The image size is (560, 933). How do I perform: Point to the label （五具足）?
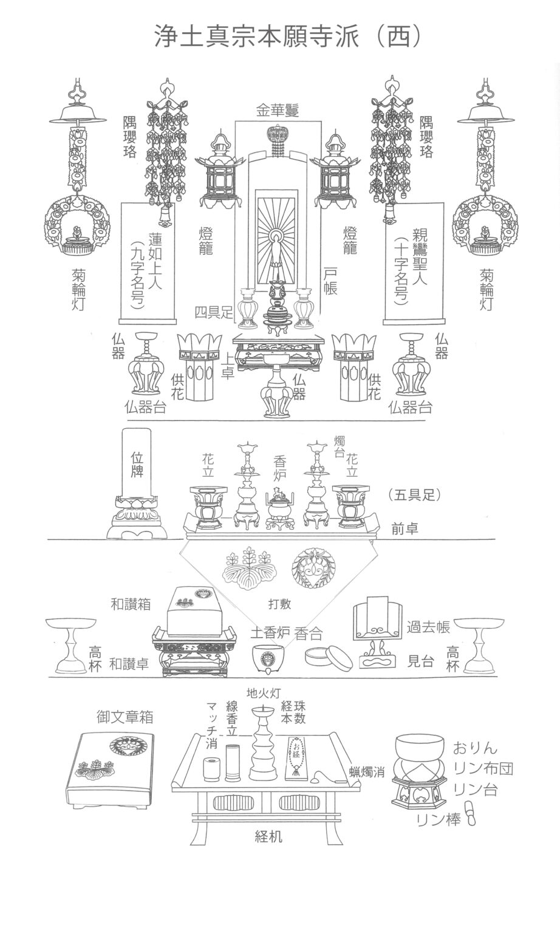point(412,494)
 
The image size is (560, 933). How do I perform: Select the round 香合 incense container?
point(327,657)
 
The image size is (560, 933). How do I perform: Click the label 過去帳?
point(428,628)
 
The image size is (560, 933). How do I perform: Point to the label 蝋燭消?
point(367,773)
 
